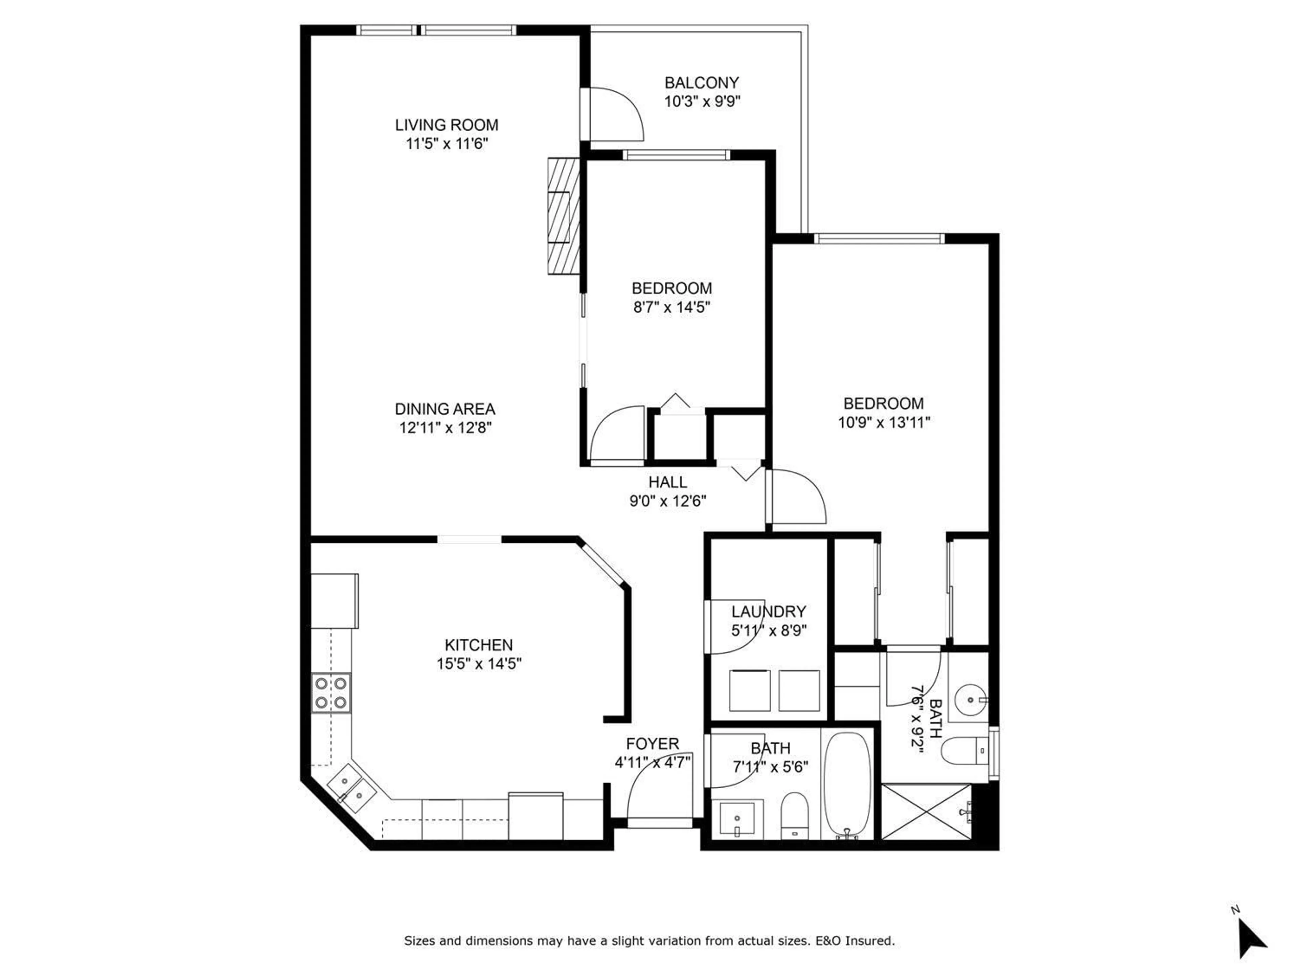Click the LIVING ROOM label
[446, 125]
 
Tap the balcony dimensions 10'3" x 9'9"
[702, 101]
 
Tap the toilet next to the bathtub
[795, 815]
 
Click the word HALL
[668, 482]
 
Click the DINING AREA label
[445, 409]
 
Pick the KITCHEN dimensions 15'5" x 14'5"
[479, 664]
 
